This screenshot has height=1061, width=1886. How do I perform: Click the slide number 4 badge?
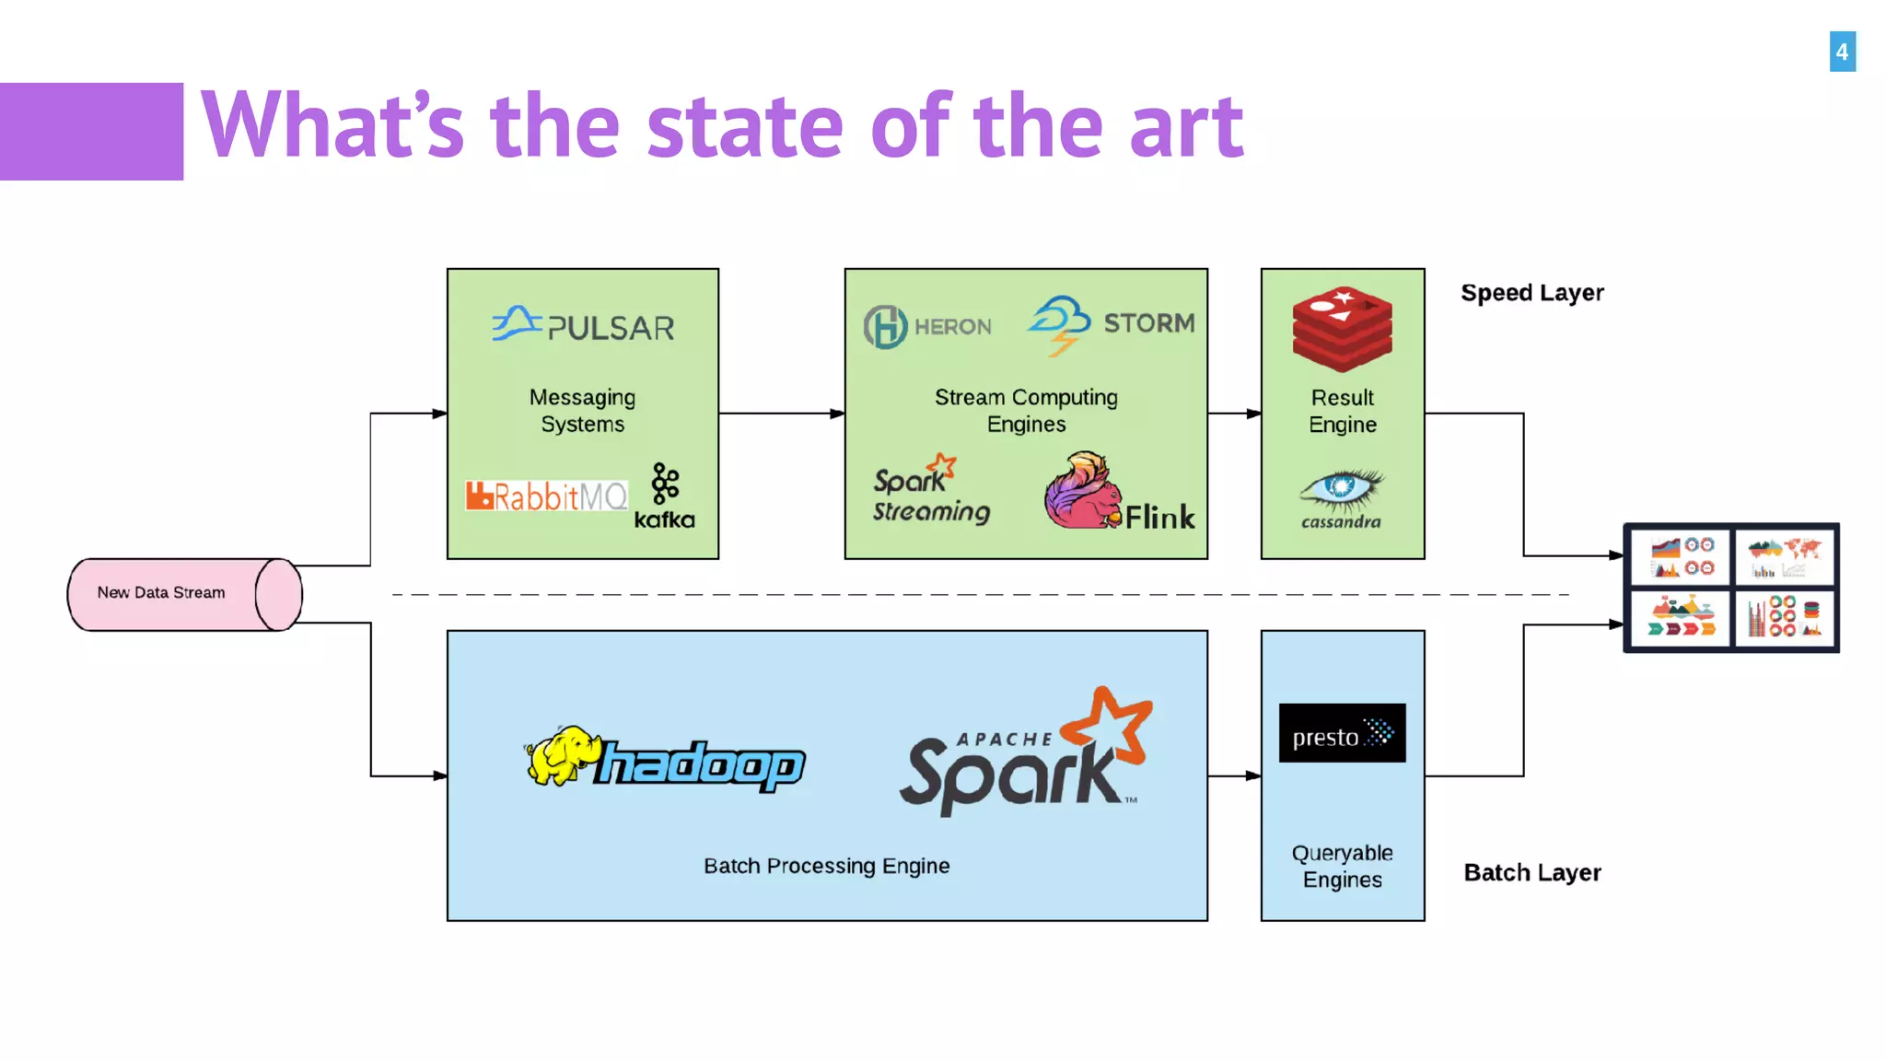click(1842, 52)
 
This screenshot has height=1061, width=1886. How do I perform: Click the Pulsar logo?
click(583, 325)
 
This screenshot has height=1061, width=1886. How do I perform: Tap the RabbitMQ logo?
click(546, 496)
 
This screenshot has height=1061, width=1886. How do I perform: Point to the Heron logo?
click(927, 326)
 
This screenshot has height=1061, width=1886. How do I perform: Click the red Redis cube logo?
click(1342, 329)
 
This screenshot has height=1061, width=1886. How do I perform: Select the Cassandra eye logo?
click(1341, 498)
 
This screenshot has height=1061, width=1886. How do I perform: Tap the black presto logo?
click(1342, 733)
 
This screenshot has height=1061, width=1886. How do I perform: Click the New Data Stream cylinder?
click(184, 594)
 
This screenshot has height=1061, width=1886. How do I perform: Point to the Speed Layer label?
click(1531, 293)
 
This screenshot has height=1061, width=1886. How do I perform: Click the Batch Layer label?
click(1531, 872)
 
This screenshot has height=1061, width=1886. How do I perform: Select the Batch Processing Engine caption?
click(826, 866)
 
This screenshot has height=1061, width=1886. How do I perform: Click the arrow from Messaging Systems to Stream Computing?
click(781, 414)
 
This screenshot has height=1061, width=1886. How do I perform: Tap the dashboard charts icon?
click(1730, 589)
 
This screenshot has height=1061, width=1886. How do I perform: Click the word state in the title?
click(745, 126)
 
